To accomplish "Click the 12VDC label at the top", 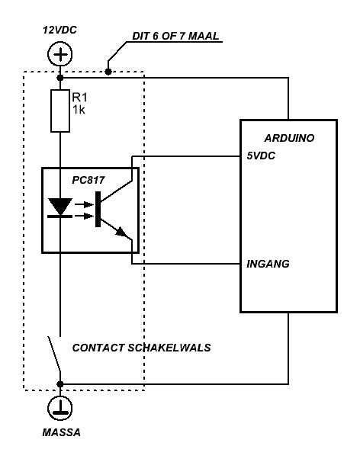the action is pyautogui.click(x=59, y=30).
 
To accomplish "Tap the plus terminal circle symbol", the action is pyautogui.click(x=60, y=54).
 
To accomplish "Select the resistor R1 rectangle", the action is pyautogui.click(x=60, y=111).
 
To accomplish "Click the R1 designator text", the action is pyautogui.click(x=79, y=98).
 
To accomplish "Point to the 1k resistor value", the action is pyautogui.click(x=79, y=110).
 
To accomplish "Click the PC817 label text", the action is pyautogui.click(x=88, y=180).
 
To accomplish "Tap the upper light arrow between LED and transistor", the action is pyautogui.click(x=85, y=204).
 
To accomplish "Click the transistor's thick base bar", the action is pyautogui.click(x=98, y=209).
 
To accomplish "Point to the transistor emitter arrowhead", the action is pyautogui.click(x=122, y=233).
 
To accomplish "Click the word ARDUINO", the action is pyautogui.click(x=289, y=138).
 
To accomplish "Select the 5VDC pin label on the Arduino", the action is pyautogui.click(x=261, y=156).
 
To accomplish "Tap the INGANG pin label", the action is pyautogui.click(x=268, y=264).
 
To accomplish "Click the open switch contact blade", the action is pyautogui.click(x=54, y=354).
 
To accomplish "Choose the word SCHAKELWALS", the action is pyautogui.click(x=169, y=348).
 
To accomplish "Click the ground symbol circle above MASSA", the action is pyautogui.click(x=60, y=408).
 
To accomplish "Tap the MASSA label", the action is pyautogui.click(x=61, y=432).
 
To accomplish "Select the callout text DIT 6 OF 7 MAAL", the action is pyautogui.click(x=175, y=36).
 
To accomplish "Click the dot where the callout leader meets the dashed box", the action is pyautogui.click(x=108, y=72).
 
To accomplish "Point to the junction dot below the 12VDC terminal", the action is pyautogui.click(x=60, y=78).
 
